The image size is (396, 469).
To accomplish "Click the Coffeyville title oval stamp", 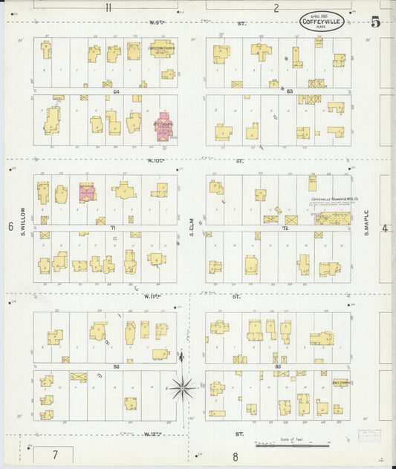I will (322, 22).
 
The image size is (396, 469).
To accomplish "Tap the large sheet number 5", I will (376, 22).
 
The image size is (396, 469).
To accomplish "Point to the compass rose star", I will (182, 387).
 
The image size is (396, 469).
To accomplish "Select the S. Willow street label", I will (23, 201).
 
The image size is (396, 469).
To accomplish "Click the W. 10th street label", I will (155, 160).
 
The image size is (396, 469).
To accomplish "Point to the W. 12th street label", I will (154, 433).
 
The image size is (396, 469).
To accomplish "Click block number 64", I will (117, 91).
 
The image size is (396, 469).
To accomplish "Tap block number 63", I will (290, 91).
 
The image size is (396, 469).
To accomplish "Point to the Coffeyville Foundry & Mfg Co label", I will (331, 200).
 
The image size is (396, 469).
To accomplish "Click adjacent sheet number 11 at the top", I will (108, 8).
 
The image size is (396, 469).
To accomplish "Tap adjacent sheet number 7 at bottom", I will (54, 453).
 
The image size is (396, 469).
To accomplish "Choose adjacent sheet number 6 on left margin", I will (10, 227).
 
